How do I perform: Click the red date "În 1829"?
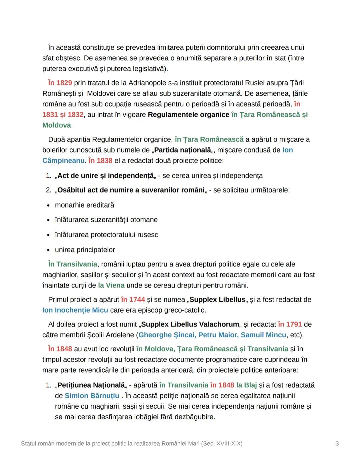click(x=60, y=83)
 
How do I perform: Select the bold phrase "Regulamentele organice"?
click(x=188, y=115)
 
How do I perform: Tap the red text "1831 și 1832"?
click(x=63, y=115)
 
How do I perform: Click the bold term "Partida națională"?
click(x=182, y=150)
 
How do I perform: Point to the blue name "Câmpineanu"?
click(x=63, y=161)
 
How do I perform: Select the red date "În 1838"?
click(x=100, y=161)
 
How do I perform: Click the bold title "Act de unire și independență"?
click(x=105, y=176)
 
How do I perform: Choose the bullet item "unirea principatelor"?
click(x=85, y=250)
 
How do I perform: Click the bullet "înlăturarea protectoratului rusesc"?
click(x=106, y=235)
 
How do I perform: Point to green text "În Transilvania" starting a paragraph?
click(x=72, y=264)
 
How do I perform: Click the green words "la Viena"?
click(x=111, y=286)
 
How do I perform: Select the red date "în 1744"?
click(x=133, y=300)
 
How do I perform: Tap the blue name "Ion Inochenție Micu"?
click(x=75, y=310)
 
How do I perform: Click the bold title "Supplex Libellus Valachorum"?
click(x=190, y=325)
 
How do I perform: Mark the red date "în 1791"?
click(x=290, y=325)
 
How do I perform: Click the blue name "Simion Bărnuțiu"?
click(x=92, y=396)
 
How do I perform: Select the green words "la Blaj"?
click(x=246, y=385)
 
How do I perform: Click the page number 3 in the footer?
click(x=337, y=444)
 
